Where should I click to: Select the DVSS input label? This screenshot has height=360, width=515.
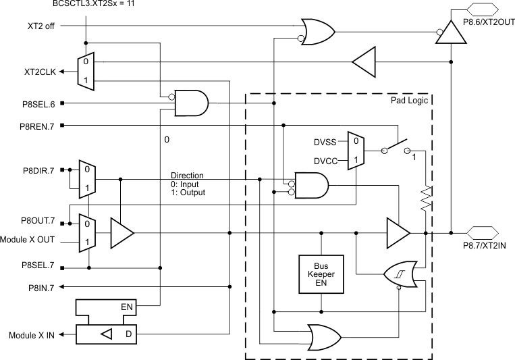click(326, 142)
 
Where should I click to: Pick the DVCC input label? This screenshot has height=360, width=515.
click(326, 161)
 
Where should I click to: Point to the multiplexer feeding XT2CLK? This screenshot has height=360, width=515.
click(86, 70)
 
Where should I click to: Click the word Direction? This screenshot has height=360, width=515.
click(186, 176)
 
